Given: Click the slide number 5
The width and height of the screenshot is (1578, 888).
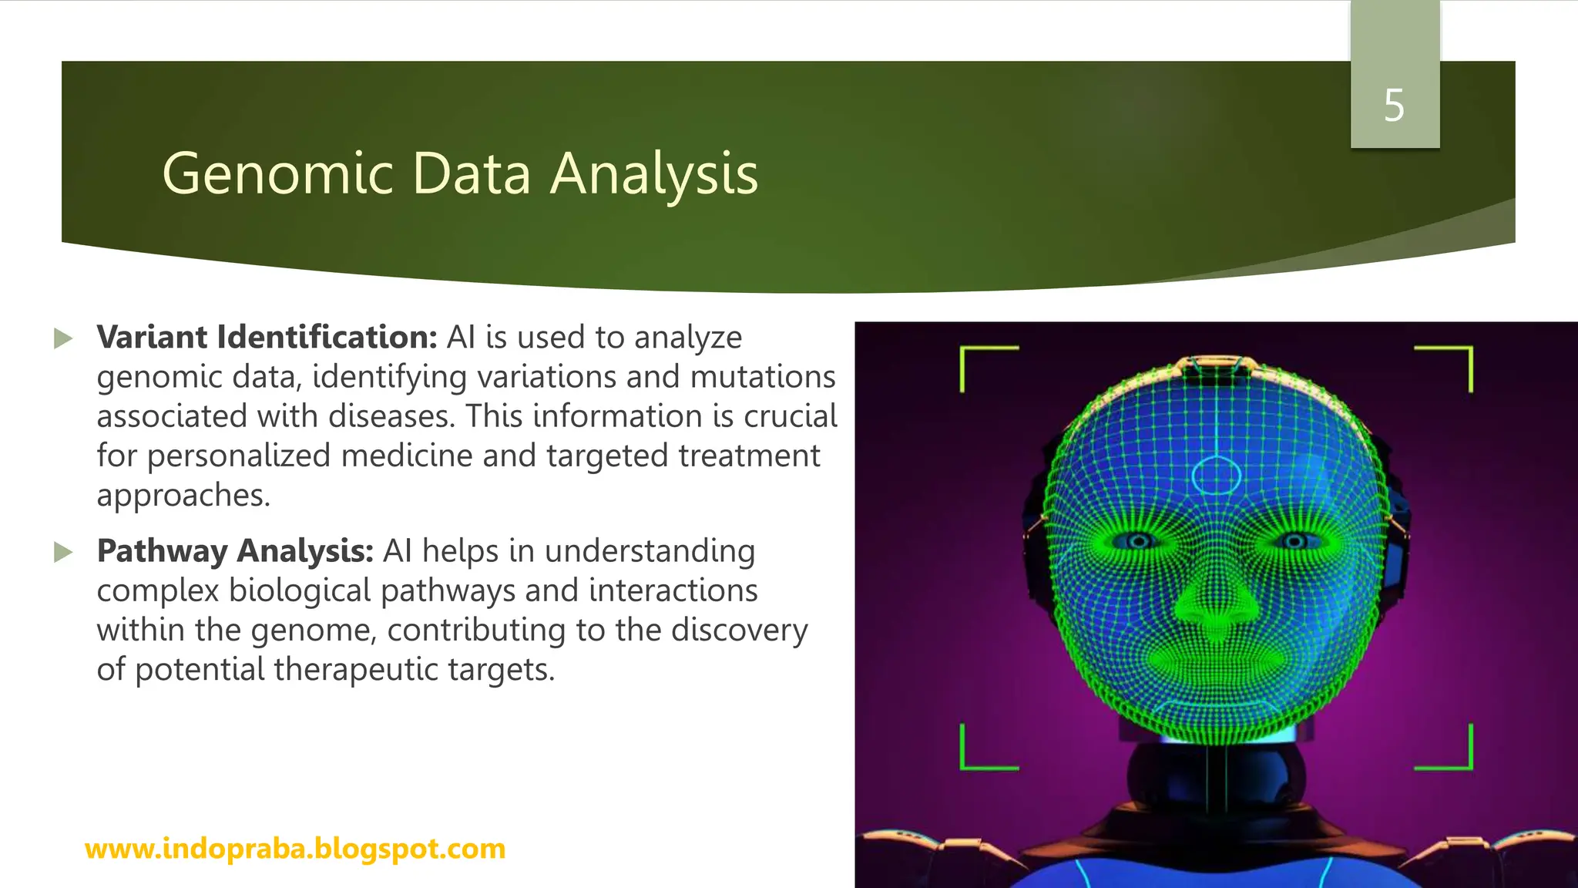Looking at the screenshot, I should click(x=1394, y=106).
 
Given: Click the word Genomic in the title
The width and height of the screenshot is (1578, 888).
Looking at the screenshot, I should click(x=277, y=173).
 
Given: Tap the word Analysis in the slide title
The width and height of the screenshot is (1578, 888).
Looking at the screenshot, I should click(x=654, y=175).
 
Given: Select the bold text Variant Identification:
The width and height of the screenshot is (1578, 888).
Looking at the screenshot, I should click(x=267, y=338).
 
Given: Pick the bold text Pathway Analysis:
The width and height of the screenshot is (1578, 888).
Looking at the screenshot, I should click(x=235, y=551).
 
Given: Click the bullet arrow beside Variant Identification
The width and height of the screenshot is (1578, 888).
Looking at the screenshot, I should click(x=63, y=338).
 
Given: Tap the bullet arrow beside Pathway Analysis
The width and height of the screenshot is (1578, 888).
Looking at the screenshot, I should click(x=63, y=552).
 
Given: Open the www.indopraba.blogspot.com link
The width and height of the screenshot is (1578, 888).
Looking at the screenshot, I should click(x=295, y=849).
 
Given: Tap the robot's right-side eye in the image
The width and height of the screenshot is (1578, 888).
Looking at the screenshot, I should click(x=1294, y=541).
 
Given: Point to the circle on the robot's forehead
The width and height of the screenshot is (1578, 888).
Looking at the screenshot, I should click(x=1216, y=476).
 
